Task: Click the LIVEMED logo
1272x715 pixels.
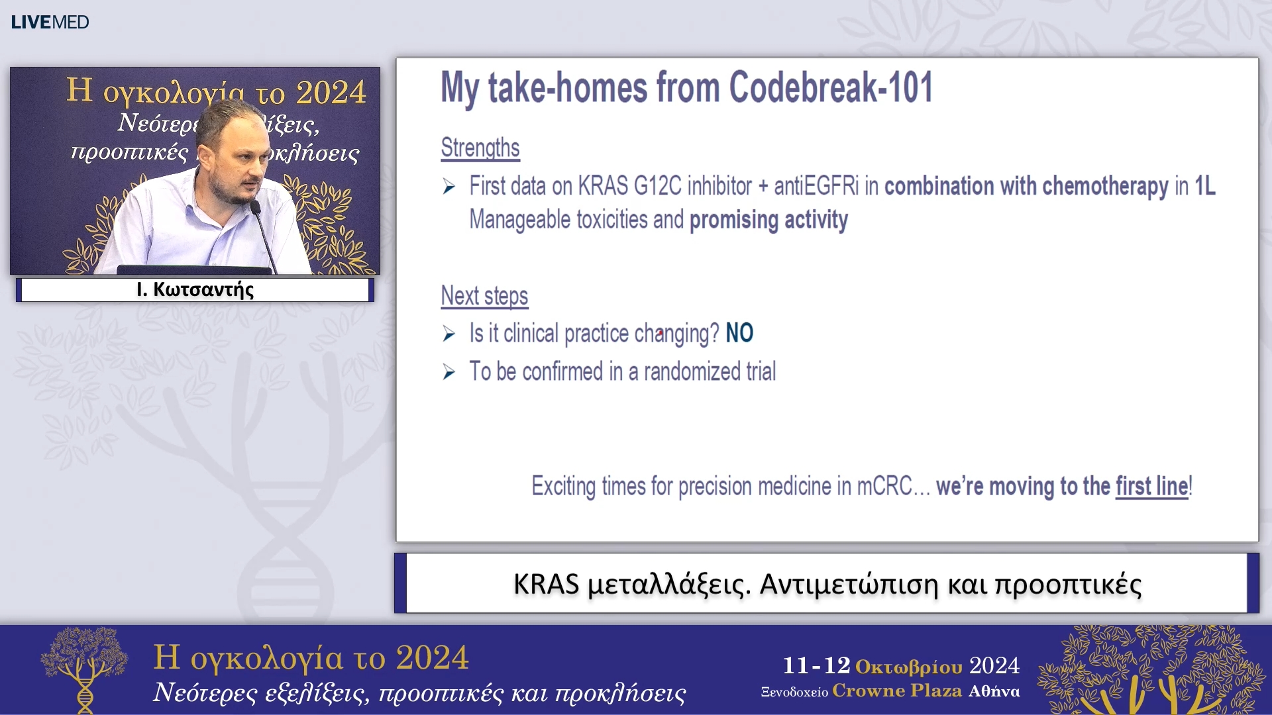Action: pos(50,22)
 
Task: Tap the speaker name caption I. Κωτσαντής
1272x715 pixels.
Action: pos(195,290)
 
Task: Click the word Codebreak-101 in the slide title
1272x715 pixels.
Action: pos(831,87)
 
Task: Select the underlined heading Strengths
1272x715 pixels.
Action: pos(480,148)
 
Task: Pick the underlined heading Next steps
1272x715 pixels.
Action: pos(484,296)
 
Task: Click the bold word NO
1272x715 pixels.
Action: pos(739,333)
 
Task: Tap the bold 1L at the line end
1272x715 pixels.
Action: pos(1204,186)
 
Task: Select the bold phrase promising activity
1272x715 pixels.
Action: pos(768,220)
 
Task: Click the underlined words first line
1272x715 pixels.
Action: pos(1152,486)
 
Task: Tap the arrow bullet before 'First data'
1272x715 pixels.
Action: pos(449,187)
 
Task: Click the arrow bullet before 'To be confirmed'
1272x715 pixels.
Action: pos(449,372)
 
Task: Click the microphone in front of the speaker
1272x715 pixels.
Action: pos(263,235)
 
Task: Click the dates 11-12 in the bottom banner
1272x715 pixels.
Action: pos(816,665)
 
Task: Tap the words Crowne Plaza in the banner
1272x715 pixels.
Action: pos(897,691)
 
